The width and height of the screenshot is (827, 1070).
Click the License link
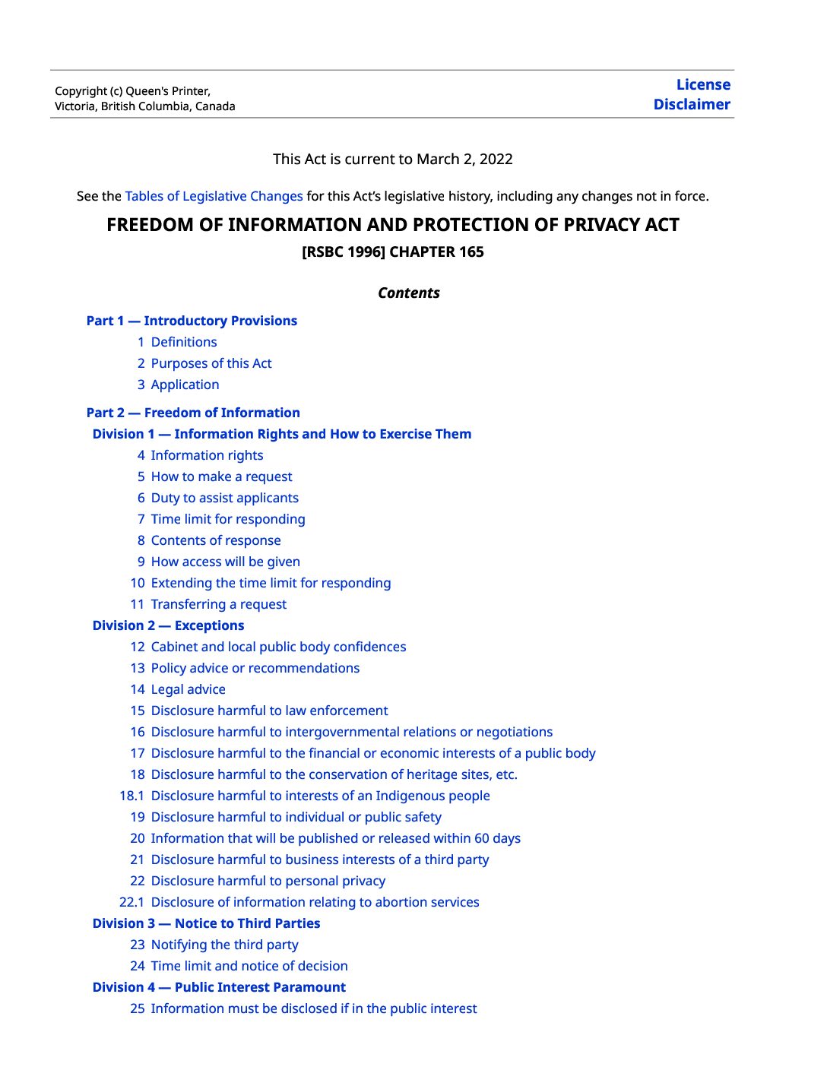click(703, 85)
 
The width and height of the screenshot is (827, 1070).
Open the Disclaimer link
click(692, 105)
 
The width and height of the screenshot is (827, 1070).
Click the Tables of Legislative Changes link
click(214, 196)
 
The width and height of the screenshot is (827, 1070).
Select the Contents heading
click(409, 293)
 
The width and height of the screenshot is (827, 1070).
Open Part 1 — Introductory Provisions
click(192, 321)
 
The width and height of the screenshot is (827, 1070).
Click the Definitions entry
click(184, 342)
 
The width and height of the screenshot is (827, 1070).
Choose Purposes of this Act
click(211, 363)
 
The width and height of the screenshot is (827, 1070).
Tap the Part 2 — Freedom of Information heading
click(193, 413)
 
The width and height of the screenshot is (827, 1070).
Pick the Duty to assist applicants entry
click(224, 498)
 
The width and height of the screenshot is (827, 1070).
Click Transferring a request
click(219, 604)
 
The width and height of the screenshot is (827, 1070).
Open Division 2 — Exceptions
click(168, 625)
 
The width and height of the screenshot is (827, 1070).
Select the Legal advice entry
click(188, 689)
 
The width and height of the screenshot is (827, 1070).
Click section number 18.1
click(131, 796)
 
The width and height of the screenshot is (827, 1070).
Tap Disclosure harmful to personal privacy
click(268, 881)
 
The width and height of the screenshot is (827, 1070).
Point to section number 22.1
click(131, 902)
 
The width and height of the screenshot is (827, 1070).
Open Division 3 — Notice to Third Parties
click(206, 923)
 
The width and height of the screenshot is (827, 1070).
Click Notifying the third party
click(224, 945)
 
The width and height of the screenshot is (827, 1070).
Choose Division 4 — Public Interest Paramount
click(219, 987)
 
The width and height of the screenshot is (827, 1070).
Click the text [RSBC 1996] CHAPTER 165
click(393, 252)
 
